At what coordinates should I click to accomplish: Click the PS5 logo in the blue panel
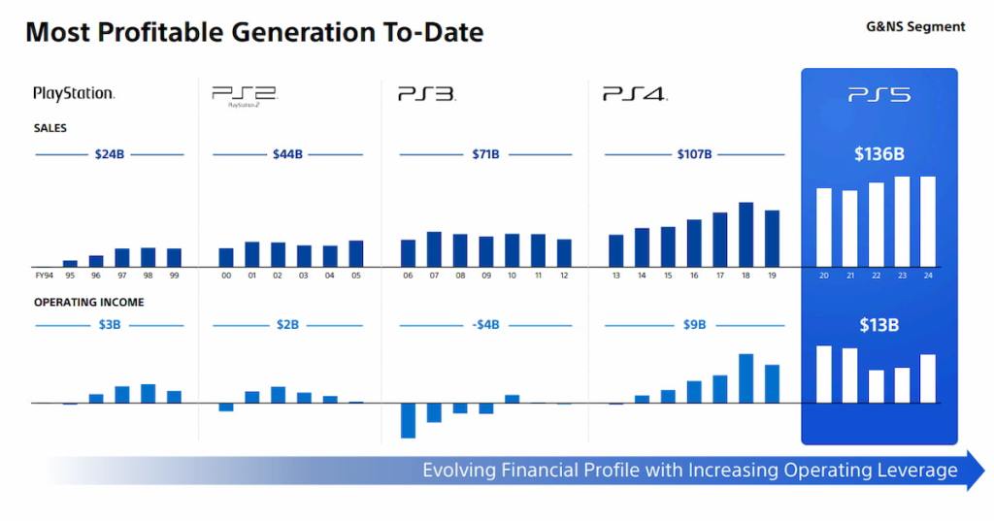coord(878,94)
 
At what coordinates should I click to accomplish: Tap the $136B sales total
coord(878,155)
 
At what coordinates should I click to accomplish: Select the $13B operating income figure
coord(878,325)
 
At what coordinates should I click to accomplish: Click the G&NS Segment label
coord(915,27)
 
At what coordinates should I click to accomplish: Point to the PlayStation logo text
coord(74,94)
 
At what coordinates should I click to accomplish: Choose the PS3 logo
coord(426,94)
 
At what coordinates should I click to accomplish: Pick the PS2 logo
coord(244,94)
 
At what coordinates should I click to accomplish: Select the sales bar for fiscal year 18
coord(745,234)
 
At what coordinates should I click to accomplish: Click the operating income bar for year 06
coord(408,419)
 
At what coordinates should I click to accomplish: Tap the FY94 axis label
coord(44,276)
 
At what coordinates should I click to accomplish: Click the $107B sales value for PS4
coord(694,154)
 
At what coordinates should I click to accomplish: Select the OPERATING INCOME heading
coord(89,302)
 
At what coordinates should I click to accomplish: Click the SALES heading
coord(50,128)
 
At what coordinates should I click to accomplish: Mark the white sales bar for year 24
coord(927,221)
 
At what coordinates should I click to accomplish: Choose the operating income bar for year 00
coord(226,407)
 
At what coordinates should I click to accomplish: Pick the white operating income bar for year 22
coord(876,385)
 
